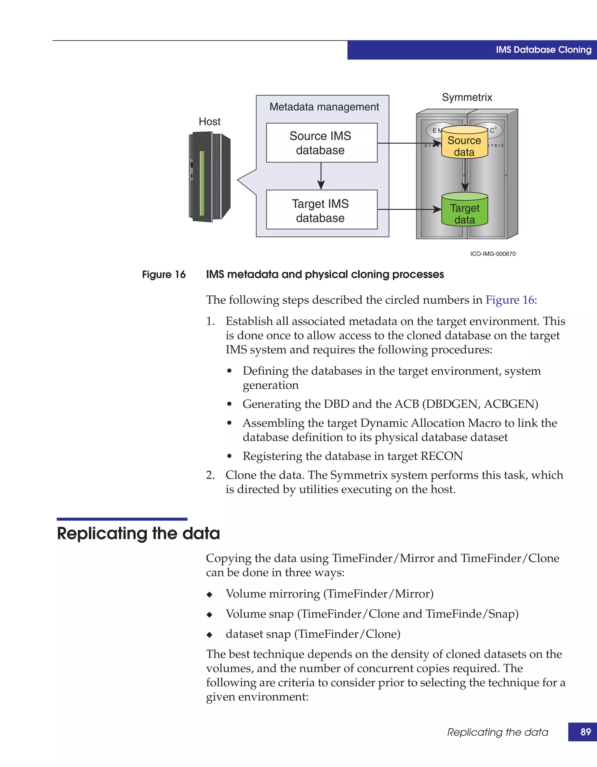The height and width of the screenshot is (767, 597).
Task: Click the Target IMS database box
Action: tap(322, 210)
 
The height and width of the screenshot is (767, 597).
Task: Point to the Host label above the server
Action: tap(209, 121)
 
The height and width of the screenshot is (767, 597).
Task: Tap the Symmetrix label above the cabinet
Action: tap(467, 97)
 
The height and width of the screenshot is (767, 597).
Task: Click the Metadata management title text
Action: tap(324, 107)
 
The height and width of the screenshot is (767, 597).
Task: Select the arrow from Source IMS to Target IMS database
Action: tap(321, 176)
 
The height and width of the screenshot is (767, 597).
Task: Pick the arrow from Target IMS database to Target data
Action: tap(409, 209)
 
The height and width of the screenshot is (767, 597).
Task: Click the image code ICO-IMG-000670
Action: tap(493, 254)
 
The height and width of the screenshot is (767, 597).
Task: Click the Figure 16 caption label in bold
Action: tap(164, 274)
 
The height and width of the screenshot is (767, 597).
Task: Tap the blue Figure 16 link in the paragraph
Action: tap(510, 300)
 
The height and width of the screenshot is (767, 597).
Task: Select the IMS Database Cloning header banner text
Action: tap(543, 50)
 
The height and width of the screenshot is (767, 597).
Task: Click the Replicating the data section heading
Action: tap(138, 533)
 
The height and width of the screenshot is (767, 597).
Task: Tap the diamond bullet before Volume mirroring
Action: tap(209, 595)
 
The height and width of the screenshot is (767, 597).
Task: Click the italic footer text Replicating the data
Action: tap(498, 732)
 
